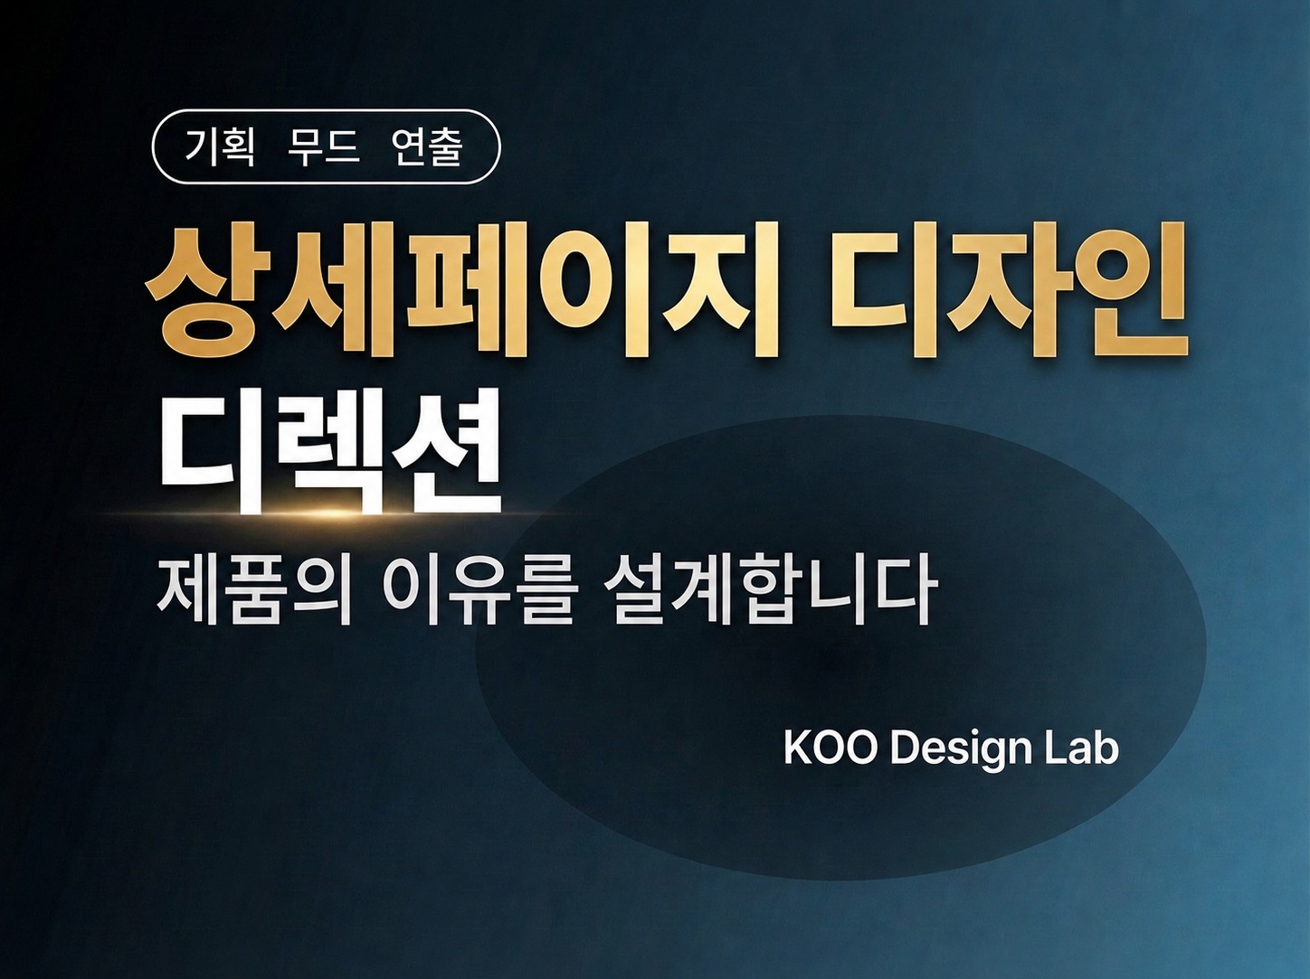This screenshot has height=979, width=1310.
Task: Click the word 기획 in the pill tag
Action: click(x=220, y=146)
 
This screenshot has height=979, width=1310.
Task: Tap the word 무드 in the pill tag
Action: click(x=323, y=146)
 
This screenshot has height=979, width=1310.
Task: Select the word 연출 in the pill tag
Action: click(x=427, y=146)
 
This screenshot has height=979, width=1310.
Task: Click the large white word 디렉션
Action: click(x=330, y=452)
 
